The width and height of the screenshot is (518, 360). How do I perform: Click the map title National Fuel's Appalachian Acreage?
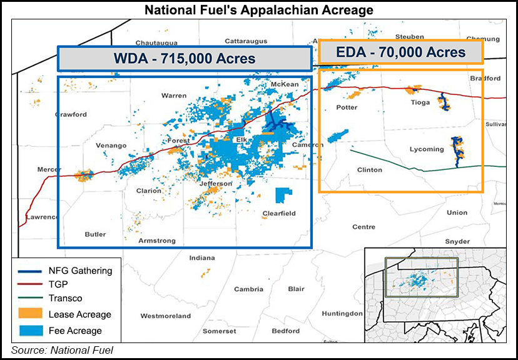point(258,10)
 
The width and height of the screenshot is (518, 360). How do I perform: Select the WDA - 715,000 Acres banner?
point(185,59)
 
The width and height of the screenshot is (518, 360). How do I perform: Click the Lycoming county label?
point(427,149)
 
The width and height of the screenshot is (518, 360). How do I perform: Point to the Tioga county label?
point(420,102)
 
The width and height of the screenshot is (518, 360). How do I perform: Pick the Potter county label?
point(347,107)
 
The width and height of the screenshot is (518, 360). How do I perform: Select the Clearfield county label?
point(279,214)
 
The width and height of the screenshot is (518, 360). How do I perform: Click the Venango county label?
point(111,146)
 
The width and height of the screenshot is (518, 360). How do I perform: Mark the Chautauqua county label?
point(153,42)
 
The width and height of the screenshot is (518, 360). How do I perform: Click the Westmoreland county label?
point(165,316)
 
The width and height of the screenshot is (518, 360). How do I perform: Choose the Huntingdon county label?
point(342,313)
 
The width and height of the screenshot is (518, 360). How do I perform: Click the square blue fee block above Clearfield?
point(285,194)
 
